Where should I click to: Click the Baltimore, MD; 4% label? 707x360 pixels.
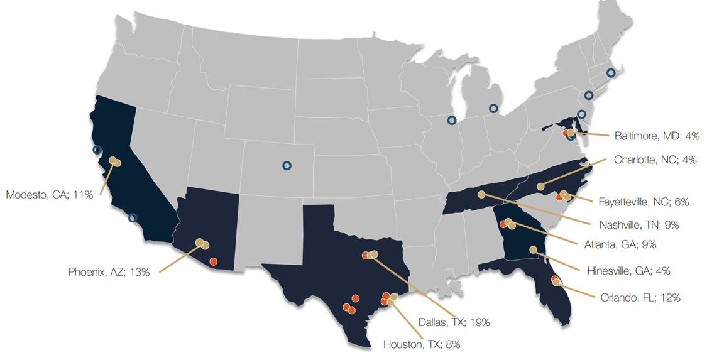tap(657, 135)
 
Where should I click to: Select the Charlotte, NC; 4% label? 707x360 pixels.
tap(655, 160)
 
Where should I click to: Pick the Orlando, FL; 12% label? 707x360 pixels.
tap(640, 297)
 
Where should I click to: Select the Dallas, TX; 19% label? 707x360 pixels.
tap(454, 322)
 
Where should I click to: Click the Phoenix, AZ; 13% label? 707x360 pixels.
tap(109, 272)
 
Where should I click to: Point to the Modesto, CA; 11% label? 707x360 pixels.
tap(50, 195)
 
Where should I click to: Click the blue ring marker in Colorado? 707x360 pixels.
tap(287, 165)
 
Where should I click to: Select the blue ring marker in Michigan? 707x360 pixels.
tap(494, 109)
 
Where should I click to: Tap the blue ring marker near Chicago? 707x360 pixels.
tap(451, 120)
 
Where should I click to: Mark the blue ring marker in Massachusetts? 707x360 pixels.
tap(611, 73)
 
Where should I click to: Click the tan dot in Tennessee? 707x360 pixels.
tap(481, 195)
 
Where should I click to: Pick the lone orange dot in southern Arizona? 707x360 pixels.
tap(214, 261)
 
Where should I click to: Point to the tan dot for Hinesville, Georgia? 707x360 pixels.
tap(533, 250)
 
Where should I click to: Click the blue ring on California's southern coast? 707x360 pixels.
tap(132, 218)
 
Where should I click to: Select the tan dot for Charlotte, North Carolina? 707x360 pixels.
tap(540, 186)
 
